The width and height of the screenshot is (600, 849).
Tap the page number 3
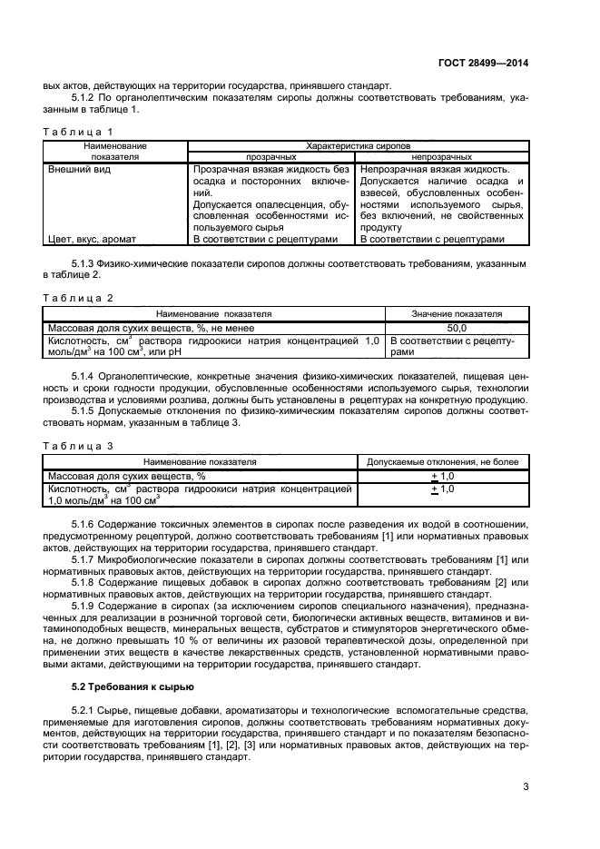point(526,787)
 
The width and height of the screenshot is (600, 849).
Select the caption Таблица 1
point(79,133)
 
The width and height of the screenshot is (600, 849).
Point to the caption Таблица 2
point(79,298)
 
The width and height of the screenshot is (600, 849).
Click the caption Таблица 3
point(79,446)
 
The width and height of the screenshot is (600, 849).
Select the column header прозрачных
point(271,156)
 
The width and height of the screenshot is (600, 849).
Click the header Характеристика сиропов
point(359,145)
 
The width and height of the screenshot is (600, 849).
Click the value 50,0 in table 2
point(457,327)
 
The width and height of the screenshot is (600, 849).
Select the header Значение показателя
point(457,313)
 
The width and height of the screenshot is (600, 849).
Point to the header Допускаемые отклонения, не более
point(442,462)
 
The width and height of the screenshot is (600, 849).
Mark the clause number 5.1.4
point(84,375)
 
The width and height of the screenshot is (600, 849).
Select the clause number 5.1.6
point(84,526)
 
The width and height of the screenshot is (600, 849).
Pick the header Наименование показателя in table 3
point(200,462)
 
